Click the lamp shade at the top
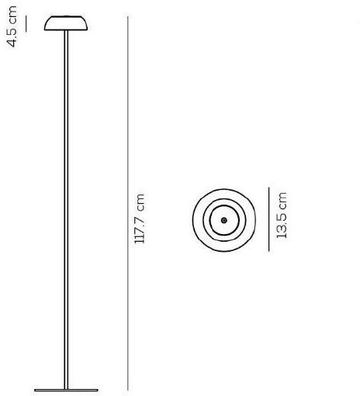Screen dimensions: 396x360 click(x=66, y=24)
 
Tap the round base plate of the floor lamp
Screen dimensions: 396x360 click(x=66, y=388)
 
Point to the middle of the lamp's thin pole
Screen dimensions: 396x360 click(x=66, y=209)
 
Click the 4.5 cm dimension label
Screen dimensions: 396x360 click(x=12, y=27)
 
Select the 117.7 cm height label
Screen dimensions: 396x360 click(x=140, y=219)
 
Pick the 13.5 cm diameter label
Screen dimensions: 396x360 click(x=282, y=215)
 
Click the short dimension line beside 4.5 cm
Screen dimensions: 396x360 click(x=26, y=24)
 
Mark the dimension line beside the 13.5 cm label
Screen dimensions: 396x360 click(x=268, y=219)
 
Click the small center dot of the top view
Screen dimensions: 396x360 click(x=223, y=220)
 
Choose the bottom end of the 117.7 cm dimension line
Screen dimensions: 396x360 click(x=127, y=390)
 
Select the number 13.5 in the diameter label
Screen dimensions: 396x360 click(x=282, y=224)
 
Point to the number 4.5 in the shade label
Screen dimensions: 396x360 click(x=12, y=37)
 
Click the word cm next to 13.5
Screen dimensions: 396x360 click(x=282, y=201)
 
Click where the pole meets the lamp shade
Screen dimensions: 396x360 click(x=66, y=33)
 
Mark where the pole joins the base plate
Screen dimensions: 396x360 click(x=66, y=385)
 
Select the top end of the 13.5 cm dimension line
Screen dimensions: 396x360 click(x=268, y=188)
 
